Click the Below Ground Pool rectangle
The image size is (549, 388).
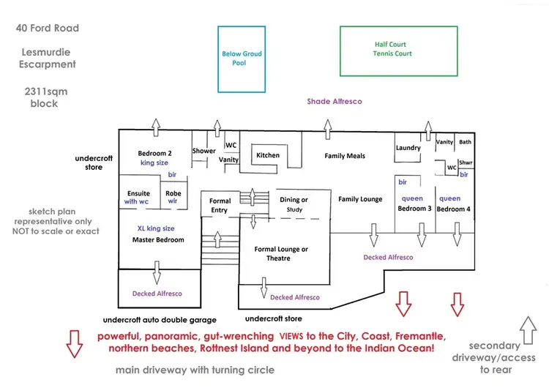click(x=242, y=59)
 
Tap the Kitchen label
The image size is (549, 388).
click(x=268, y=155)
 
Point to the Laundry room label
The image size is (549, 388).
click(x=408, y=148)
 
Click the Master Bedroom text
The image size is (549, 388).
click(x=158, y=239)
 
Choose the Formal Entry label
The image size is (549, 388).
click(x=220, y=206)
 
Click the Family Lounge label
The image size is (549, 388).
click(x=361, y=199)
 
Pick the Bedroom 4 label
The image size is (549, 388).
click(x=452, y=209)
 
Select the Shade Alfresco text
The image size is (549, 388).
click(x=334, y=102)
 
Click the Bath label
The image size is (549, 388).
click(x=466, y=142)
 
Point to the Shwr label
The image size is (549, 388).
click(x=466, y=163)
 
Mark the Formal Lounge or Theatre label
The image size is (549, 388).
click(x=281, y=254)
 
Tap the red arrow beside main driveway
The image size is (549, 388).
click(x=74, y=343)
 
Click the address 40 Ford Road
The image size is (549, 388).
click(x=47, y=29)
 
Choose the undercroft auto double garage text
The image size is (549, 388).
click(x=159, y=320)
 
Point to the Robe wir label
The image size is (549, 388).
click(x=173, y=198)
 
